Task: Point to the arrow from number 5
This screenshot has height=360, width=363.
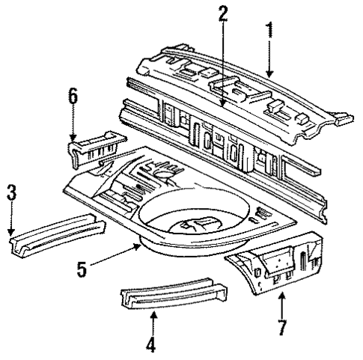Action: (x=120, y=252)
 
